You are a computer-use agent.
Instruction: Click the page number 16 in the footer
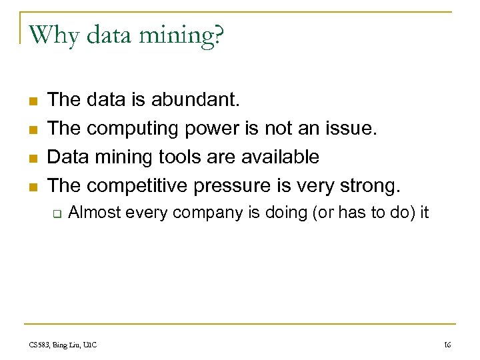(x=447, y=345)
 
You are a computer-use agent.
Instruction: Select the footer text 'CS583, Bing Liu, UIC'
(x=63, y=345)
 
